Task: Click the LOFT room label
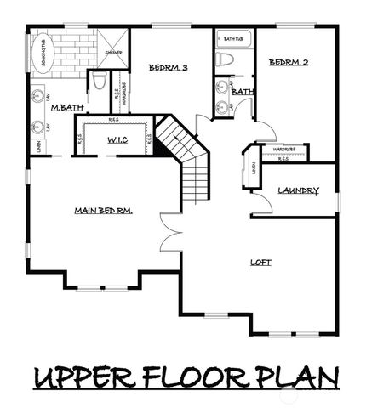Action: pos(261,263)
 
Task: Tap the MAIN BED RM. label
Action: pos(106,211)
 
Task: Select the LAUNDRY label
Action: pos(299,190)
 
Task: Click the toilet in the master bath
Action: pos(99,82)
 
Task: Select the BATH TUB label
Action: pos(232,39)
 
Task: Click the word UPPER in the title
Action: pos(82,377)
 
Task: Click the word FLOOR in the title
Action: pos(193,377)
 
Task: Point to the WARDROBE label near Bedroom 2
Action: pos(283,150)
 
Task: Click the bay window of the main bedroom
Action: pos(101,286)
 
